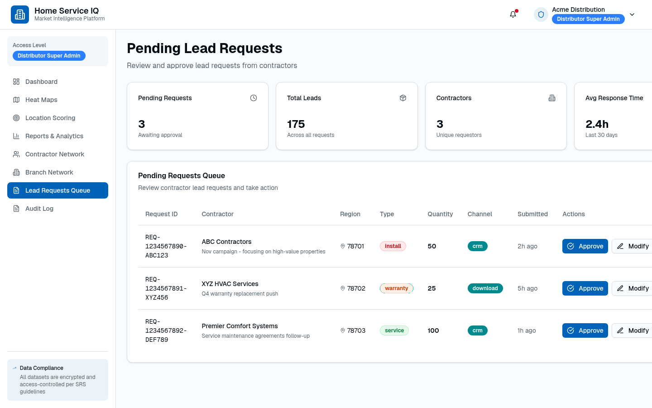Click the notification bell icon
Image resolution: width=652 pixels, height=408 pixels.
pos(513,15)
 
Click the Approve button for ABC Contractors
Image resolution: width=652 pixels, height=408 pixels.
pos(585,246)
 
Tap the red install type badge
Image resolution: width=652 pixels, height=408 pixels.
pos(393,246)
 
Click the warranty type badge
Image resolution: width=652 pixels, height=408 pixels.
pos(397,288)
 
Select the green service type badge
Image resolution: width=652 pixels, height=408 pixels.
pos(394,330)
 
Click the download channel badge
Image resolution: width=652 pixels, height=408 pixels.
pos(485,288)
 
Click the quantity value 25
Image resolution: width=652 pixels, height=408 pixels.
pos(431,288)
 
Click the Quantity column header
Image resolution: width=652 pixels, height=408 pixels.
pos(440,214)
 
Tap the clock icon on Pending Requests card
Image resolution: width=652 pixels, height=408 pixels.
pos(254,98)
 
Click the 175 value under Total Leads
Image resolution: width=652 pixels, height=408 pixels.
pos(296,124)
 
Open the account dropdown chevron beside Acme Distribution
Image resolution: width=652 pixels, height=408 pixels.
pos(632,15)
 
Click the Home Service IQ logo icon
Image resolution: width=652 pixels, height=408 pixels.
pos(20,15)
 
